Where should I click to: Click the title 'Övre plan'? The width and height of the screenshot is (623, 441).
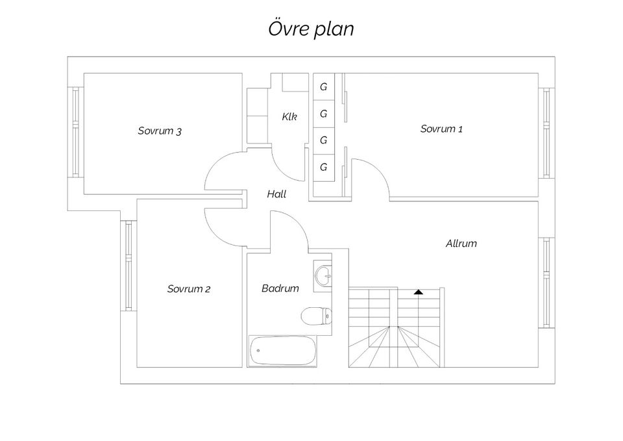pos(311,29)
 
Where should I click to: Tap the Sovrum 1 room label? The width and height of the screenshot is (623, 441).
pos(441,129)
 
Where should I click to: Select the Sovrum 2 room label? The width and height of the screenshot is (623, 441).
pos(188,289)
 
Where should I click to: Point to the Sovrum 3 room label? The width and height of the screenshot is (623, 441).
pos(160,131)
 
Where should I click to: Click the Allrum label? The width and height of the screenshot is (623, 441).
pos(461,244)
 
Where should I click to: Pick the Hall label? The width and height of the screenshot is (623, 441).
pos(276,194)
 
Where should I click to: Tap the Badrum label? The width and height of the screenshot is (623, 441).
pos(280,288)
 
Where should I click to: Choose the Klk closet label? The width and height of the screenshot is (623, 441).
pos(289,117)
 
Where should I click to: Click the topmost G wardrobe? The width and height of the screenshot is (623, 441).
pos(323,86)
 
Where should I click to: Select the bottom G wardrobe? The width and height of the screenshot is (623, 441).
pos(323,167)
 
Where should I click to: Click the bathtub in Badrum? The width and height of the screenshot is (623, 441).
pos(282,351)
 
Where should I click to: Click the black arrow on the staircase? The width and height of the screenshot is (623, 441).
pos(419,292)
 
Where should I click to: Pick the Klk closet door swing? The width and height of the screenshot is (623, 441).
pos(287,166)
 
